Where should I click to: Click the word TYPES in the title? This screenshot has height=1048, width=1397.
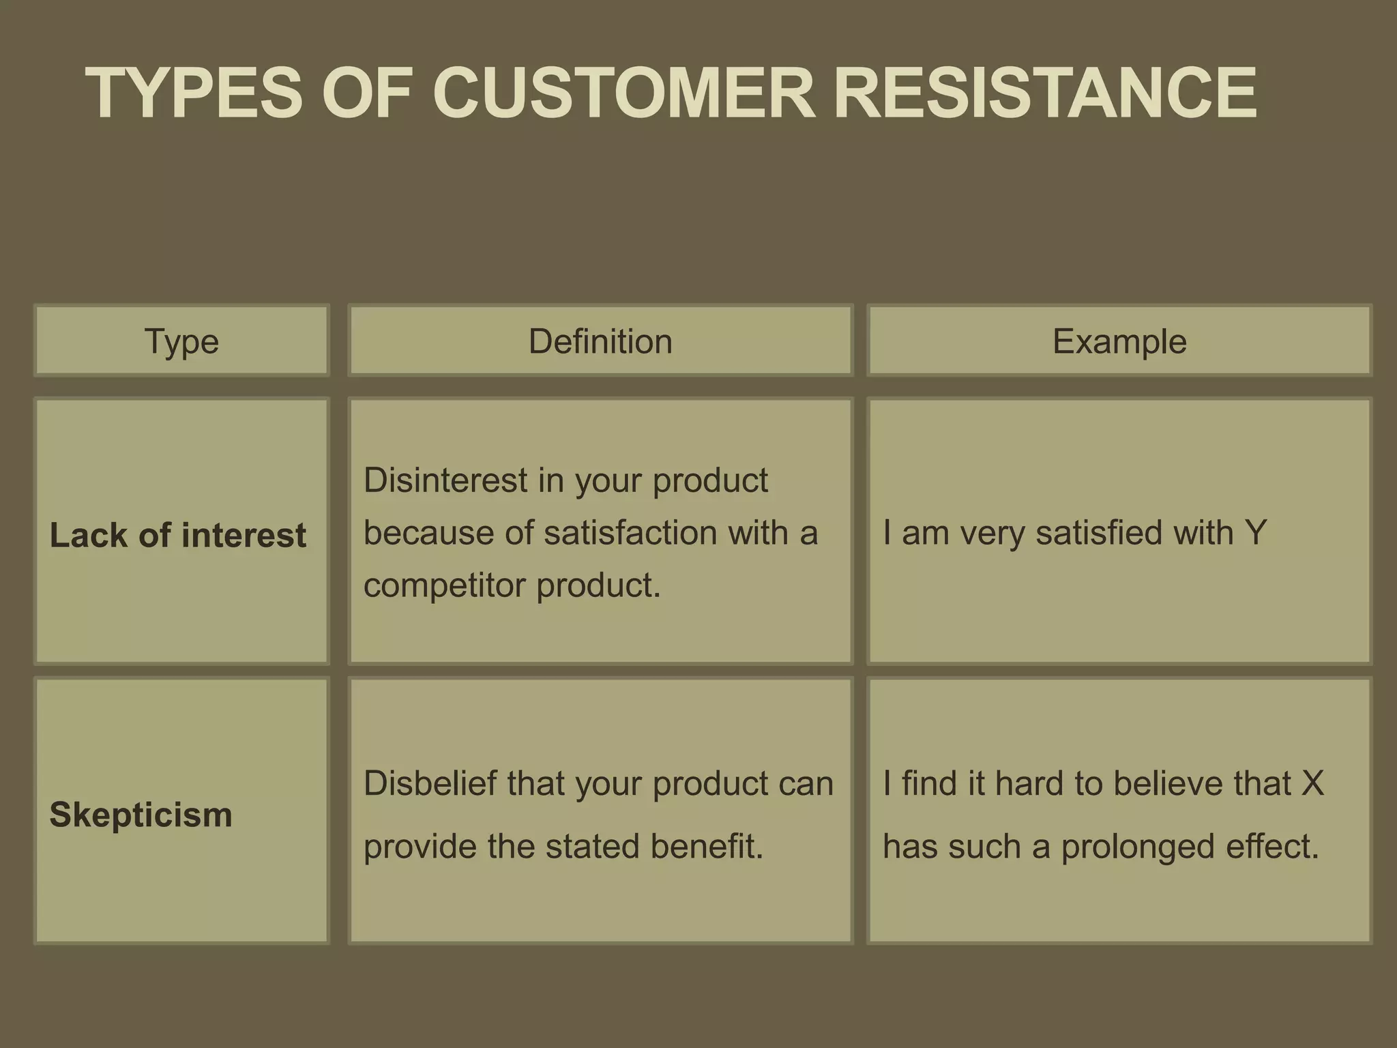point(194,93)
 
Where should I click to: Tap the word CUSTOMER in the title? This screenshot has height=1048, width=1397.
point(623,93)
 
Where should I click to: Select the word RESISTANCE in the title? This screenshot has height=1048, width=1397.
point(1044,93)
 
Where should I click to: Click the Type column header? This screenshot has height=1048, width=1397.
point(181,341)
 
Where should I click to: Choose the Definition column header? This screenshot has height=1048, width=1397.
point(600,341)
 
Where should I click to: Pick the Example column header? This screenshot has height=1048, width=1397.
point(1119,341)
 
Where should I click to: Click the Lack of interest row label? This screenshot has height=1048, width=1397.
point(178,535)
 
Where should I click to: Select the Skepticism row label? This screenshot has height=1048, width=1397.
point(141,815)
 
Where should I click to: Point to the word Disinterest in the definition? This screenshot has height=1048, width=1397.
point(445,480)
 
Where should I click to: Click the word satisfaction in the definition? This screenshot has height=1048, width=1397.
point(630,533)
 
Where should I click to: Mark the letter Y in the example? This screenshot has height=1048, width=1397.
point(1255,533)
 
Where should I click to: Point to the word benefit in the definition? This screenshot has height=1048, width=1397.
point(707,846)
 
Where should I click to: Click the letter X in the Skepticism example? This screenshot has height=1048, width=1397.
point(1312,783)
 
